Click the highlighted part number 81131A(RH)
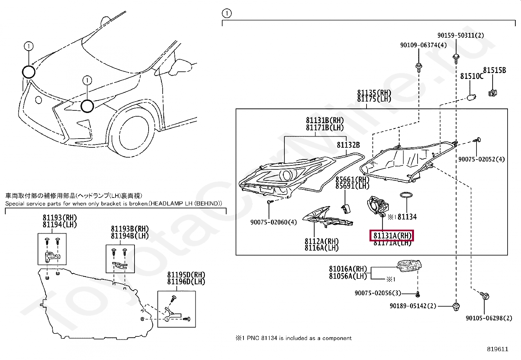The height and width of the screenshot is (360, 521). coord(392,236)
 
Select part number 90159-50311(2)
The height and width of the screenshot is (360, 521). coord(460,35)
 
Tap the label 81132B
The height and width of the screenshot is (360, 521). coord(348,145)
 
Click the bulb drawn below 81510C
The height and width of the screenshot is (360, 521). coord(471,97)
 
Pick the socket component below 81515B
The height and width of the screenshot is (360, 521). coord(492,93)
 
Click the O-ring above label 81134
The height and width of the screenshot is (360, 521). coord(406,195)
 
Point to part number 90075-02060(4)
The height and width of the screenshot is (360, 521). coord(274,222)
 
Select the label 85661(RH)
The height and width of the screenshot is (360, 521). coord(352,180)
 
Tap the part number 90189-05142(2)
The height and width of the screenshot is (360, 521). coord(413,306)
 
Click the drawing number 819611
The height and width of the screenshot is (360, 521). coord(497,349)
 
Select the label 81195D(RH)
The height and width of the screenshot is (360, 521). coord(186,275)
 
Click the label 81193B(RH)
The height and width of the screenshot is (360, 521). coord(130,229)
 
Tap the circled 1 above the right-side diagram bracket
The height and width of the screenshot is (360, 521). coord(226,13)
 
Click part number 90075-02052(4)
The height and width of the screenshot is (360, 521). coord(481,159)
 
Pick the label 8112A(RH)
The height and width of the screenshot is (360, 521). coord(321,241)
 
